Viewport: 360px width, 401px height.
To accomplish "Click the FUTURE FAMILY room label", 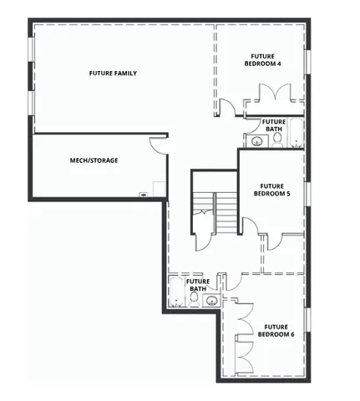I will [x=113, y=74].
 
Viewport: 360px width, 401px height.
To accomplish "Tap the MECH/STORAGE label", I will [x=94, y=160].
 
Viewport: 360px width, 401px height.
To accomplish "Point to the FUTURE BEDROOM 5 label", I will [x=272, y=190].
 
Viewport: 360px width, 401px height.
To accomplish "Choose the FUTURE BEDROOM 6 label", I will [x=276, y=330].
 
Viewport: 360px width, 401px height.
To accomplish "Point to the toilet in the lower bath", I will [x=194, y=297].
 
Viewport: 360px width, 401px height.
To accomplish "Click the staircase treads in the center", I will [x=226, y=212].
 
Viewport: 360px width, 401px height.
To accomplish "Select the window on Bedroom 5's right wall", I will [x=307, y=193].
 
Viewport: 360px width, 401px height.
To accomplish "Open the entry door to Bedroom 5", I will [x=248, y=224].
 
